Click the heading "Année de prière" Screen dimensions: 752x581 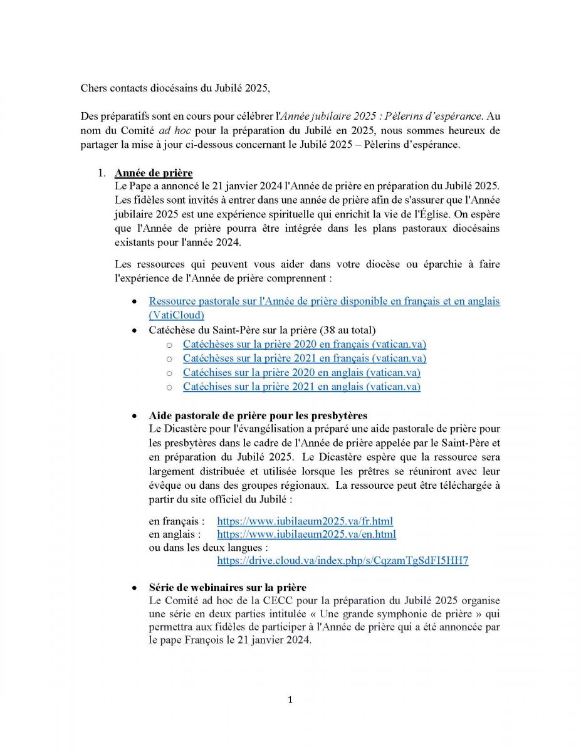point(153,173)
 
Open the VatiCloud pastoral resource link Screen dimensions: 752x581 point(324,301)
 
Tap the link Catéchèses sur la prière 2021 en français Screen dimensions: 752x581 point(304,358)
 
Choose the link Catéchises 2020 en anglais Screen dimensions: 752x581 point(301,373)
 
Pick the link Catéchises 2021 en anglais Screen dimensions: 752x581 point(301,387)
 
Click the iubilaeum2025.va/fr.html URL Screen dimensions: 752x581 point(305,521)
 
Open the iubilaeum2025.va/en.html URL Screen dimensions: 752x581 point(306,535)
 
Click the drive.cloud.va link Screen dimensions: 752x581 point(342,561)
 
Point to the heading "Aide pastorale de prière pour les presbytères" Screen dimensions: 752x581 point(258,415)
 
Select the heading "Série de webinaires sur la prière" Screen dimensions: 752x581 point(228,588)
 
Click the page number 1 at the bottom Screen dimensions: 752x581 point(290,700)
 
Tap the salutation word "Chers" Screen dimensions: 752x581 point(93,88)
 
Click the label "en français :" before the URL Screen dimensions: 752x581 point(177,521)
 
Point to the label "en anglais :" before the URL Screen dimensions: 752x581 point(175,535)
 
